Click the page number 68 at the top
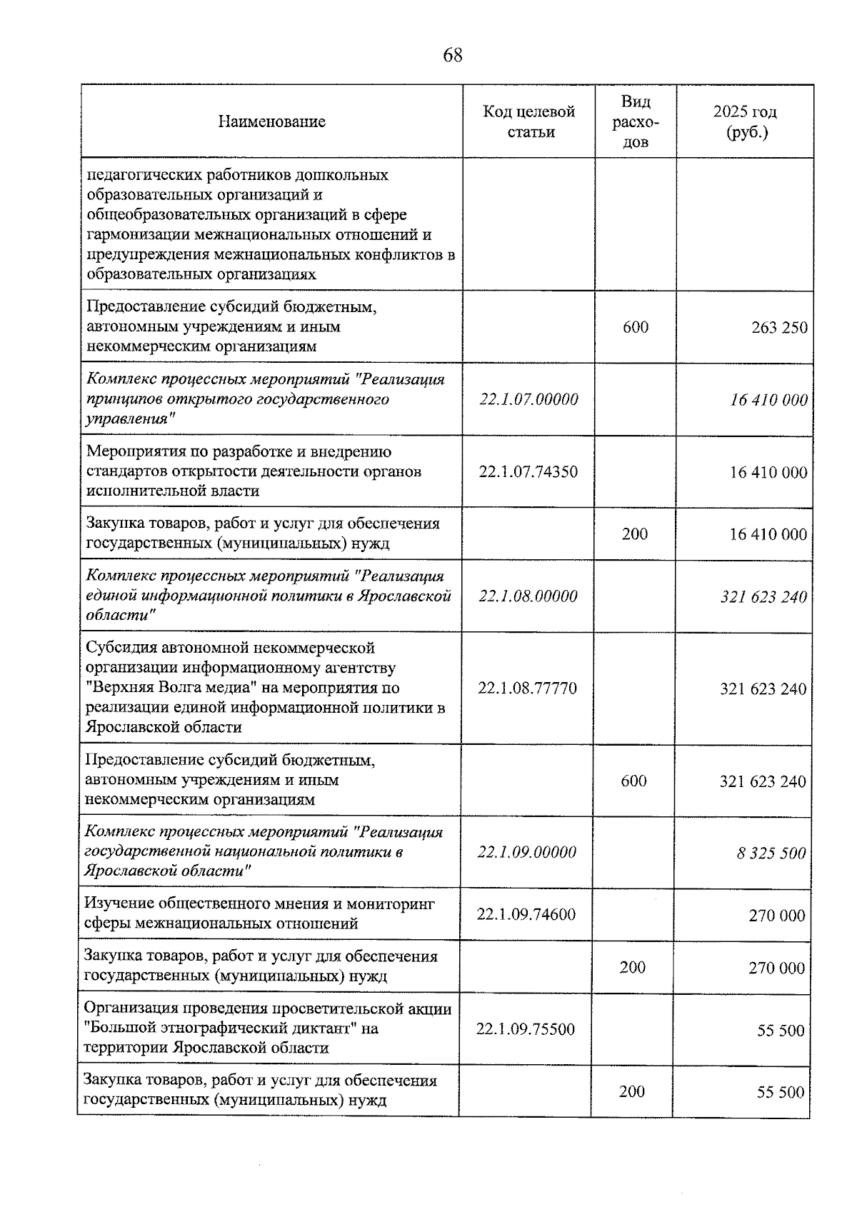tap(453, 55)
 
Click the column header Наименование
tap(271, 121)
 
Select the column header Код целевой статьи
tap(529, 121)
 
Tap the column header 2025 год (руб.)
tap(745, 122)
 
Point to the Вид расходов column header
tap(636, 121)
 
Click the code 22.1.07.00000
tap(528, 399)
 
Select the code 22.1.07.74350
tap(528, 471)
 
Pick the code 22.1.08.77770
tap(528, 688)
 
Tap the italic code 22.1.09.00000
tap(526, 852)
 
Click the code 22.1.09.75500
tap(526, 1029)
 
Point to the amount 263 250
tap(779, 328)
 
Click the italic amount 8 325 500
tap(771, 853)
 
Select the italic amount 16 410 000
tap(768, 400)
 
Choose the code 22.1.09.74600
tap(526, 914)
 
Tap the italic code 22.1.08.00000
tap(528, 596)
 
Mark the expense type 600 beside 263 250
tap(636, 327)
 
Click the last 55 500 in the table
tap(780, 1092)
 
